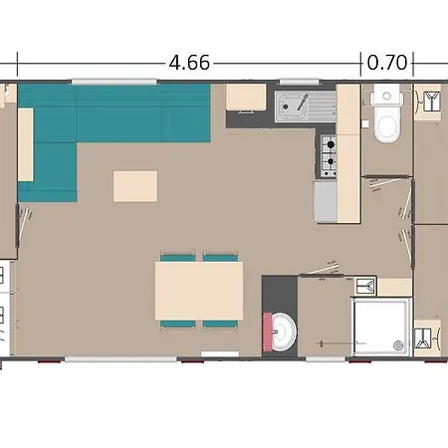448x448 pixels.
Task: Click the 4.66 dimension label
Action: tap(189, 63)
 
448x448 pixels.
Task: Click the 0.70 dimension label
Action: tap(387, 63)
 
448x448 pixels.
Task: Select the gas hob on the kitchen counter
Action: tap(329, 155)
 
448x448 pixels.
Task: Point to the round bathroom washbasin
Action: tap(283, 332)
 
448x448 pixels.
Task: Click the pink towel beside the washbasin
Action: tap(268, 332)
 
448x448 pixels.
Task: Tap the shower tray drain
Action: tap(398, 345)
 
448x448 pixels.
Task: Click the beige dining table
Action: tap(199, 291)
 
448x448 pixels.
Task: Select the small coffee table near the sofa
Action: tap(135, 186)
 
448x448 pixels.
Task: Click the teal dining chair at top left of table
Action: tap(178, 257)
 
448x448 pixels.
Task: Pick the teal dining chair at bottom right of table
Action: tap(221, 325)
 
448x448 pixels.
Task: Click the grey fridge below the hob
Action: tap(326, 201)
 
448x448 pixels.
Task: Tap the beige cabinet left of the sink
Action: tap(246, 97)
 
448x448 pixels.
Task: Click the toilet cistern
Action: tap(386, 94)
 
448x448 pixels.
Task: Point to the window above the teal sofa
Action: tap(113, 82)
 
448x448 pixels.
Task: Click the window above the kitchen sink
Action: tap(300, 82)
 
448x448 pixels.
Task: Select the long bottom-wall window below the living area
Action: tap(120, 359)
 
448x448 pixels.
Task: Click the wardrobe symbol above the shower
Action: tap(366, 286)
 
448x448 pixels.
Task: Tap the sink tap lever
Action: tap(303, 102)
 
